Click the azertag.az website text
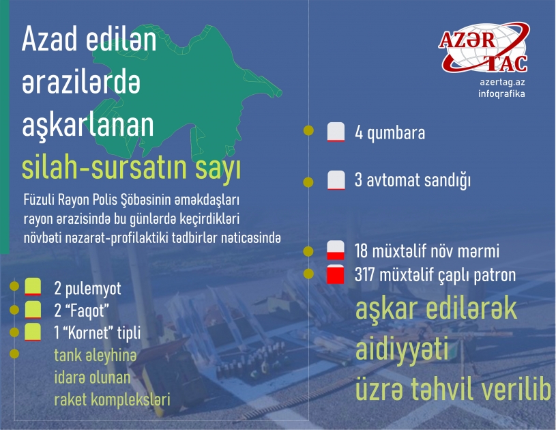[x=502, y=81]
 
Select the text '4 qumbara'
[x=390, y=132]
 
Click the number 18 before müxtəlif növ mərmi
[x=362, y=250]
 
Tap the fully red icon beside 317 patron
[x=334, y=276]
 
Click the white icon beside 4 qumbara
[x=334, y=132]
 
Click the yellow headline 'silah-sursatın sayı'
[x=131, y=168]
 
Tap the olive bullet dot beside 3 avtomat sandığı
[x=308, y=182]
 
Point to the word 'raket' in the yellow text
[x=70, y=399]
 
